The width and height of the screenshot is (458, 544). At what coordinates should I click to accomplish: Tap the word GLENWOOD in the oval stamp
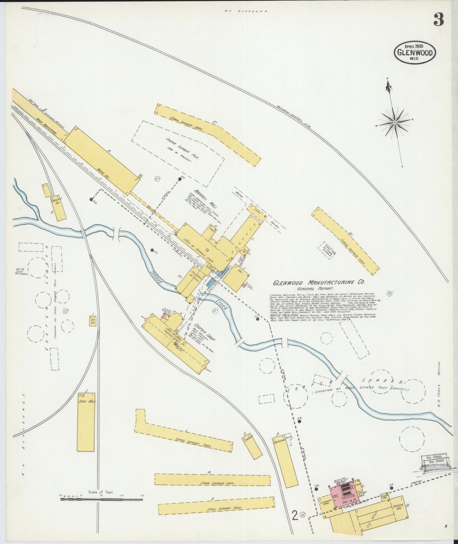click(415, 53)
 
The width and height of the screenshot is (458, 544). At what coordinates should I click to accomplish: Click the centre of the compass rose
click(395, 123)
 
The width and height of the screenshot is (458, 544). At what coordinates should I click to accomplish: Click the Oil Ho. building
click(93, 322)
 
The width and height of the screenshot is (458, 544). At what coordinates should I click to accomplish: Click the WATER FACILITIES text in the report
click(283, 315)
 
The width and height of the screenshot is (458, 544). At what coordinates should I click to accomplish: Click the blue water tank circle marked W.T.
click(361, 494)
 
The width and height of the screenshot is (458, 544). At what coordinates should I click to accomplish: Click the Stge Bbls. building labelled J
click(86, 422)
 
